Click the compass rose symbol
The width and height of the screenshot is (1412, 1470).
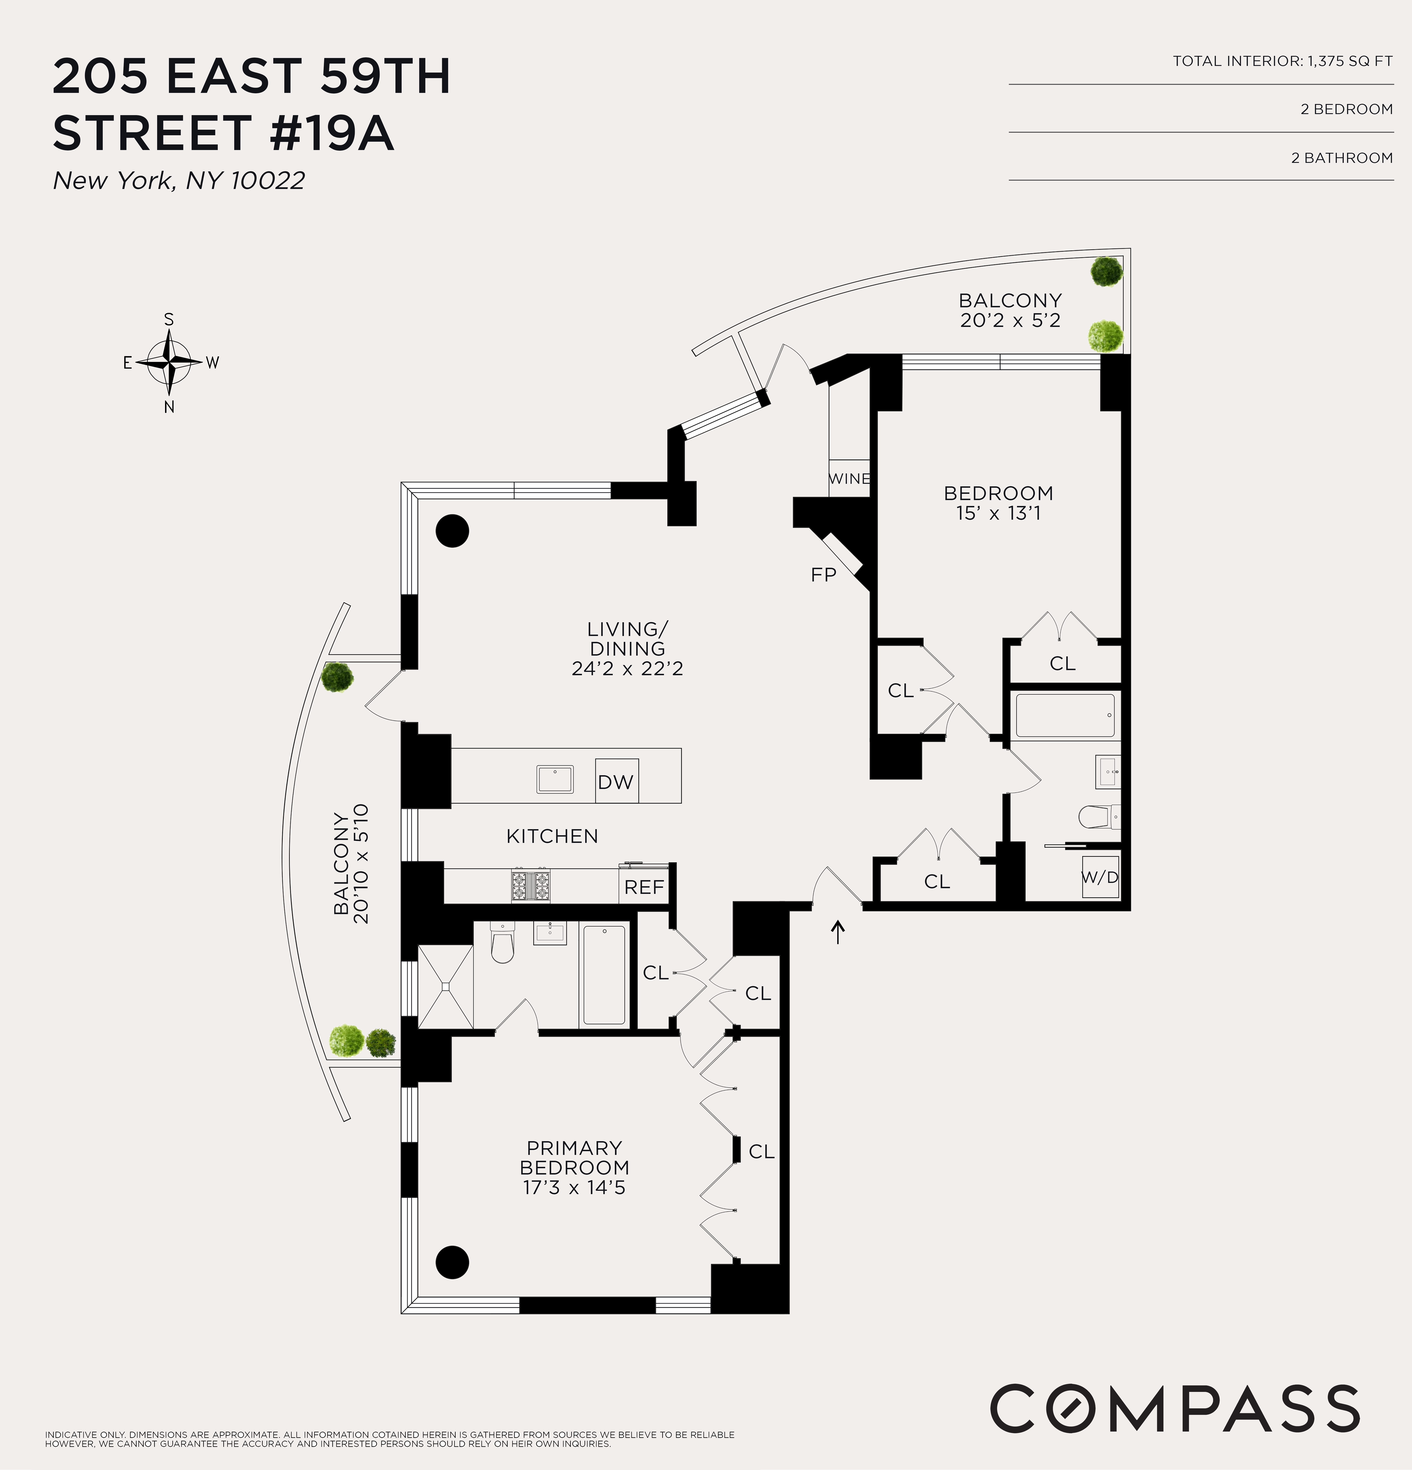[170, 362]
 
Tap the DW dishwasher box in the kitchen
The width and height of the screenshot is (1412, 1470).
[616, 782]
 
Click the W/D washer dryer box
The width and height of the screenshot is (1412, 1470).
[1100, 877]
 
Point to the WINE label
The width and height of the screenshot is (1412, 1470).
[849, 479]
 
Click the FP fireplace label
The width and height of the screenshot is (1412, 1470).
[823, 575]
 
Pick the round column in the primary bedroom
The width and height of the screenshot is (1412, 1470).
[452, 1262]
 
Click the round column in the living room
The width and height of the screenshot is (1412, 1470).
[452, 531]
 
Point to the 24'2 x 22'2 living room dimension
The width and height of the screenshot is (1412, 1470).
[627, 668]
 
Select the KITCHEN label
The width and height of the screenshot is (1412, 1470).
[552, 836]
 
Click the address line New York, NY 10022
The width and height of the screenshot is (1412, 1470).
[179, 181]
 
